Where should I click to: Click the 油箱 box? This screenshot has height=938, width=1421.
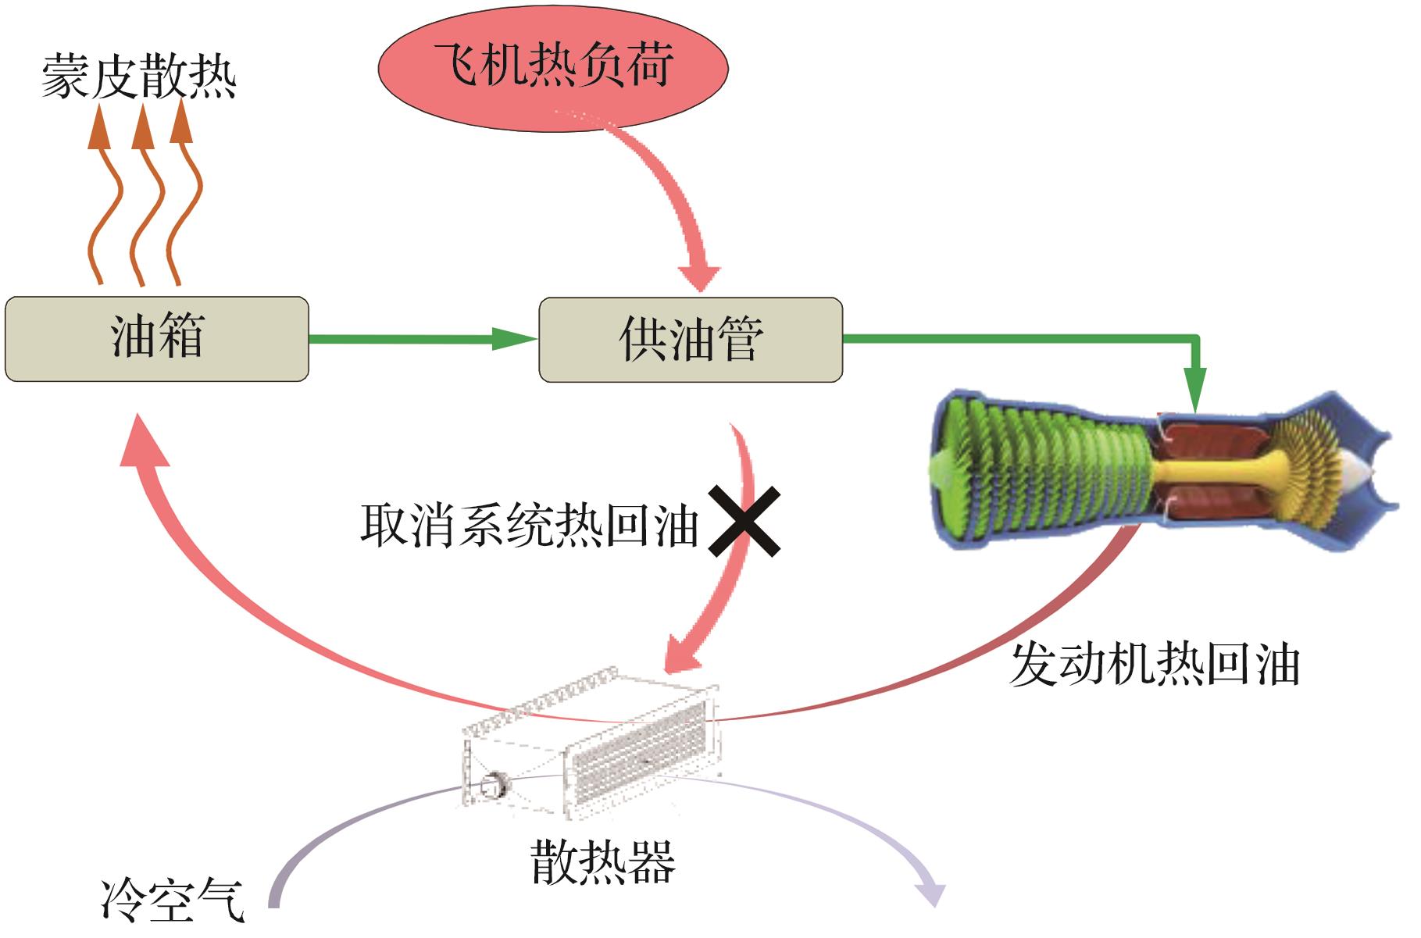point(156,339)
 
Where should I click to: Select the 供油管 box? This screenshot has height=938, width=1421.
point(691,340)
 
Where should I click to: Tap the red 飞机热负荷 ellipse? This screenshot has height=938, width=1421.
point(553,67)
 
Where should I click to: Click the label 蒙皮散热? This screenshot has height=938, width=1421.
point(138,77)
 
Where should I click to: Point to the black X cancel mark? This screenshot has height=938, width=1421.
point(744,521)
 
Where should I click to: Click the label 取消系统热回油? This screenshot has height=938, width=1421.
point(529,526)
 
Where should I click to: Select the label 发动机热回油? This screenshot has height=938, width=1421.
point(1154,665)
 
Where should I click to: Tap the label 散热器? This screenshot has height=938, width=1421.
point(602,863)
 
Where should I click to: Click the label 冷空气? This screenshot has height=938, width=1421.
point(173,901)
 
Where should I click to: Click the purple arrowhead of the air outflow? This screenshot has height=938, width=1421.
point(930,893)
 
